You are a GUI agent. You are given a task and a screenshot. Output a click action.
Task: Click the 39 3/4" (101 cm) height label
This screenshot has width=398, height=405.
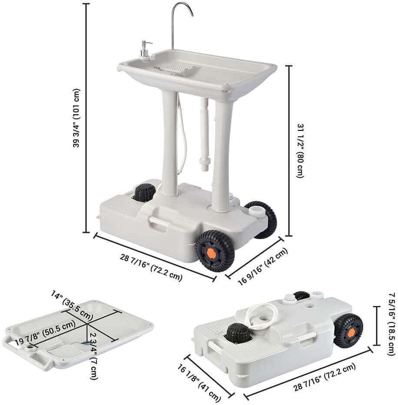click(76, 118)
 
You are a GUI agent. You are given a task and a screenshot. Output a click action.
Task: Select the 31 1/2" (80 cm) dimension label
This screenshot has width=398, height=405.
click(299, 150)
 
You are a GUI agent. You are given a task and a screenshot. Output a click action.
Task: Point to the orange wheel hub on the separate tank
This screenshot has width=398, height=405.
click(351, 332)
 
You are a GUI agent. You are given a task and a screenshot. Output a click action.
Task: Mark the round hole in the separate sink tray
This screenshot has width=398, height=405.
click(30, 349)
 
